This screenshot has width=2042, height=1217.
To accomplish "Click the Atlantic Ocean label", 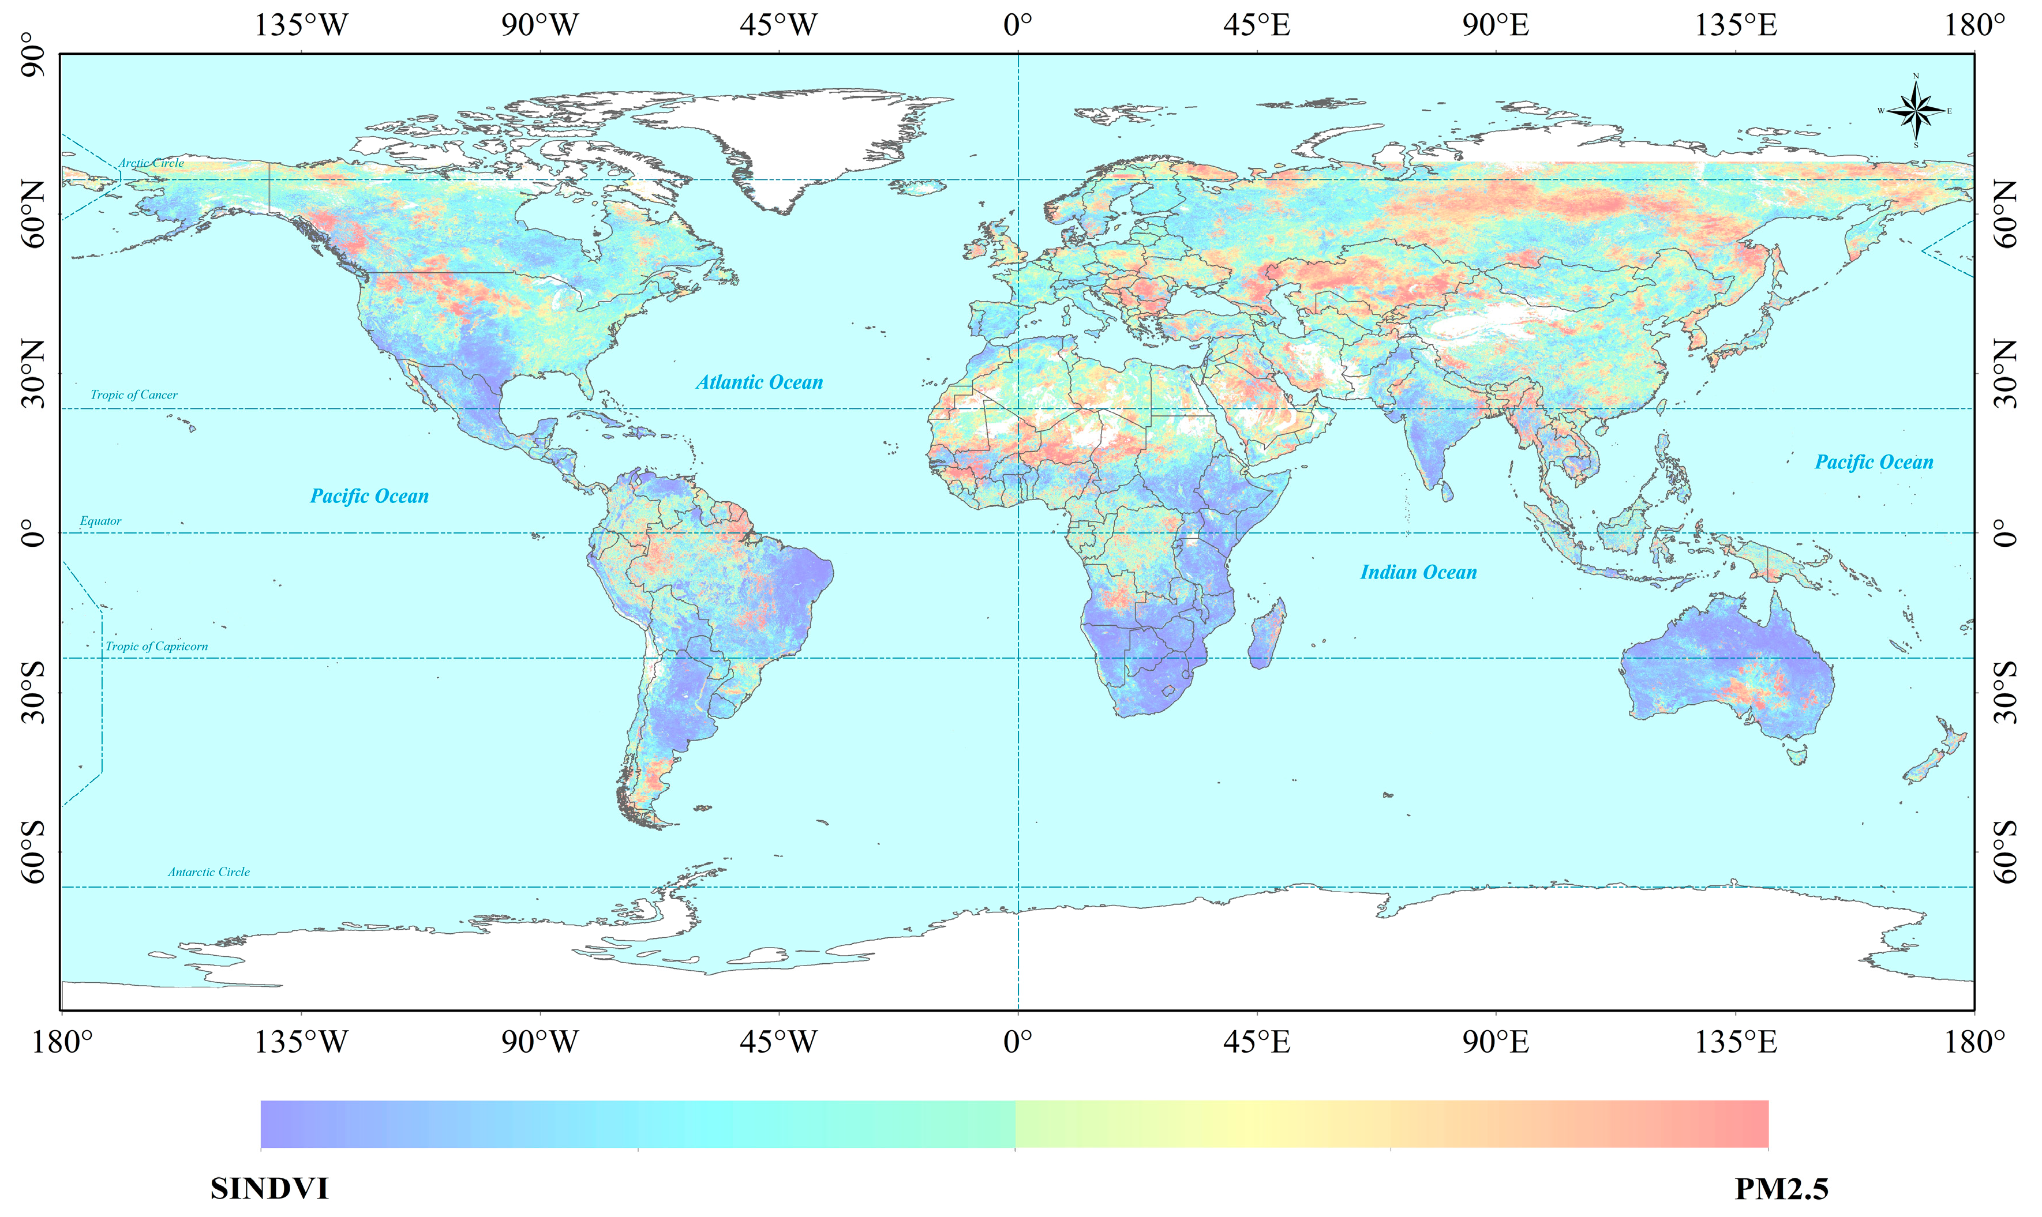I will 760,382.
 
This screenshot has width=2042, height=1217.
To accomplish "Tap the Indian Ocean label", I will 1418,572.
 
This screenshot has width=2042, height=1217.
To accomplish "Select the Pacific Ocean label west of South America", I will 369,496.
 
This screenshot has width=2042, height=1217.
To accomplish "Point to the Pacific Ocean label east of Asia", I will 1874,463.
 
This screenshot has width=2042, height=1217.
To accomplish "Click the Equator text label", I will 100,521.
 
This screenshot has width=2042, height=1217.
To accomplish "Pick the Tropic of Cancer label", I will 134,395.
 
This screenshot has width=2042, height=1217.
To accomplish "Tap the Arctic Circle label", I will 151,163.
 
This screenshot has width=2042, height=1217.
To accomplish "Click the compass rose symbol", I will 1916,111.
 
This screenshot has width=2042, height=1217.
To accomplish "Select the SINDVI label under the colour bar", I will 269,1188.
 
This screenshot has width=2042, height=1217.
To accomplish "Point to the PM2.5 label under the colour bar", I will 1781,1188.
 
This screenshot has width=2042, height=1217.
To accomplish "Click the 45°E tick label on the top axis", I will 1256,25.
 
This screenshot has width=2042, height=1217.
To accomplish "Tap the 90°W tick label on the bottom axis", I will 540,1042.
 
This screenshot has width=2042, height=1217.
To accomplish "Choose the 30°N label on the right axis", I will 2006,374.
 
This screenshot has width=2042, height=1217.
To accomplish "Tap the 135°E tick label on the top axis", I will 1736,25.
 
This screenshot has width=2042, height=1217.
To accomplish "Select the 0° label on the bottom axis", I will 1017,1042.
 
